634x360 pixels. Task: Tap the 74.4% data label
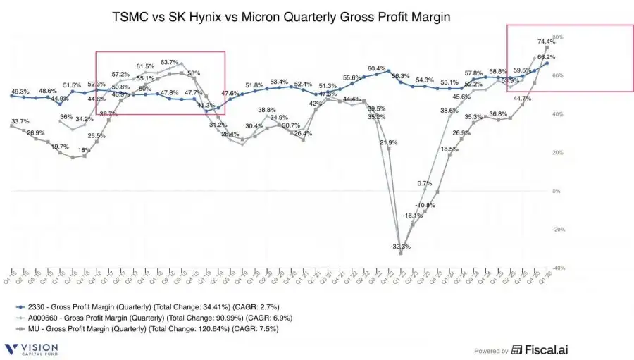pyautogui.click(x=545, y=42)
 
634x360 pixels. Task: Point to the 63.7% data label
pyautogui.click(x=170, y=63)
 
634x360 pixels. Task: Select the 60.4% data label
pyautogui.click(x=377, y=68)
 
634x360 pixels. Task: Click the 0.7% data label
pyautogui.click(x=424, y=183)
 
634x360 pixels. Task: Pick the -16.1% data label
pyautogui.click(x=413, y=216)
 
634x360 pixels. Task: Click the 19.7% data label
pyautogui.click(x=60, y=147)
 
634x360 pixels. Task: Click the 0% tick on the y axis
pyautogui.click(x=556, y=191)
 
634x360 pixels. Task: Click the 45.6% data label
pyautogui.click(x=461, y=97)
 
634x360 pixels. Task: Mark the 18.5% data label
pyautogui.click(x=449, y=149)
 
